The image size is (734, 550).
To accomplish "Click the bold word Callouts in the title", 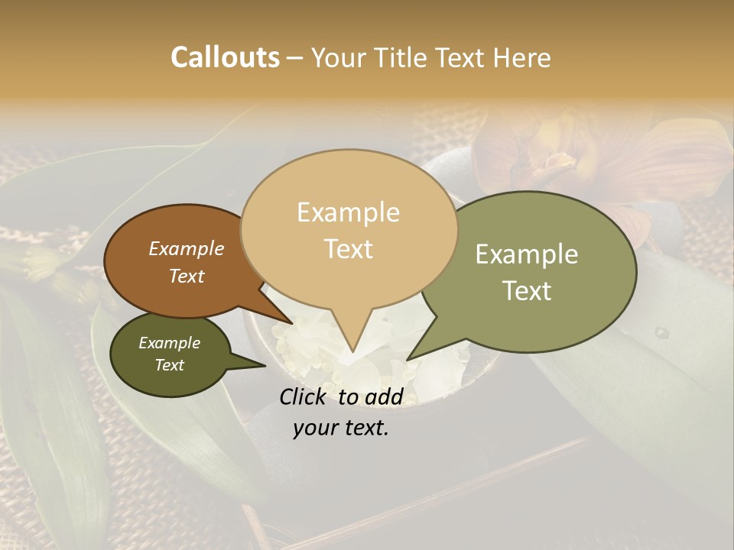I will [x=225, y=57].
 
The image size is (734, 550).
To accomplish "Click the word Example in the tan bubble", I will [x=348, y=212].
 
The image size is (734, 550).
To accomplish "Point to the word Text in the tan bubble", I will [x=348, y=249].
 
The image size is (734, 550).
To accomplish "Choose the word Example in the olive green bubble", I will [x=526, y=254].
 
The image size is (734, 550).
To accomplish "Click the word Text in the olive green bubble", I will [x=528, y=291].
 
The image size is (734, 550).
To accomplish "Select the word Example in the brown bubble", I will [x=186, y=248].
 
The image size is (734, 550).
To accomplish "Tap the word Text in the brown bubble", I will [x=187, y=276].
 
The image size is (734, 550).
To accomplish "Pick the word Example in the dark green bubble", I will [x=169, y=343].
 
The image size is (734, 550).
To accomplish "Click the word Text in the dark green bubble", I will [x=170, y=365].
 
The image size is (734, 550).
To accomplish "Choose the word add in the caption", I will [x=384, y=396].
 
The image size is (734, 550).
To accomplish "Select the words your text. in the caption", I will [x=341, y=428].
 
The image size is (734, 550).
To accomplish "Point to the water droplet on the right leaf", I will [x=662, y=333].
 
